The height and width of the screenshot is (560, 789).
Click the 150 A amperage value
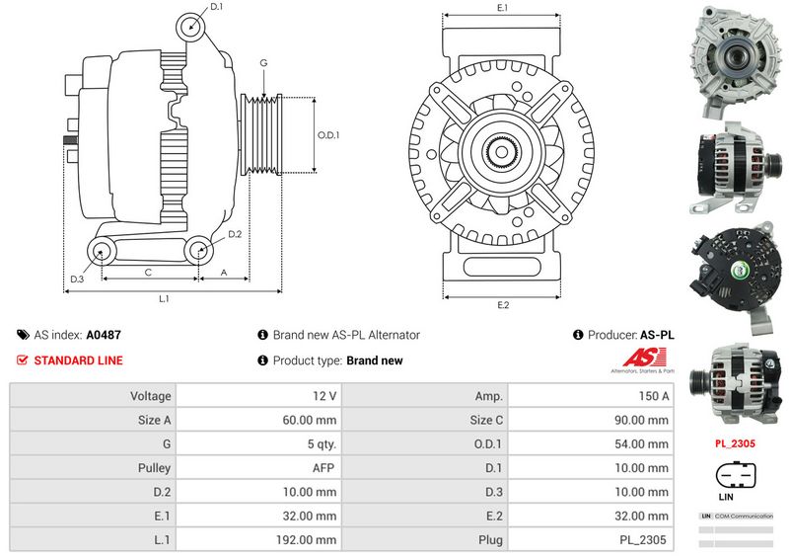coord(654,396)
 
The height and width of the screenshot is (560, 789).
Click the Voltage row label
coord(151,396)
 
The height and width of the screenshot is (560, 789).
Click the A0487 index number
coord(104,336)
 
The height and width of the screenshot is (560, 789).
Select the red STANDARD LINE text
coord(79,360)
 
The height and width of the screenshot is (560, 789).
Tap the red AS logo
coord(641,360)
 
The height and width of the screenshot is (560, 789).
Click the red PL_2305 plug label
coord(735,443)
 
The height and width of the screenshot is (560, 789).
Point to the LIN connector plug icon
coord(734,478)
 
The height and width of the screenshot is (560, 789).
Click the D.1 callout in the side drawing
coord(217,7)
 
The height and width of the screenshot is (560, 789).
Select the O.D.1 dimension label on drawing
coord(328,136)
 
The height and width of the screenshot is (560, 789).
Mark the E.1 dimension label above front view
coord(503,8)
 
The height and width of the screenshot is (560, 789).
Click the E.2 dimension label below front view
coord(503,305)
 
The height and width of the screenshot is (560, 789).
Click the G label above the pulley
coord(263,63)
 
